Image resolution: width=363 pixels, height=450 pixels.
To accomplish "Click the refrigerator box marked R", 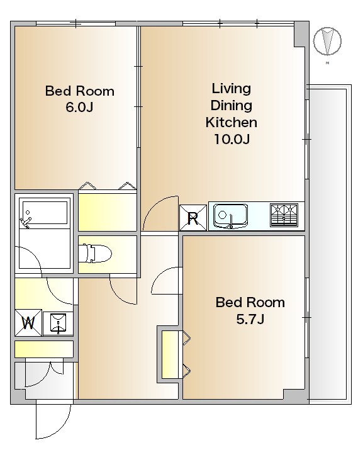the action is coord(193,218).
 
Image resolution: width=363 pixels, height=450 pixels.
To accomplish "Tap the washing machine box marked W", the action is coord(28,323).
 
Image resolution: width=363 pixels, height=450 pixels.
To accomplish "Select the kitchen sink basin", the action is coord(231,216).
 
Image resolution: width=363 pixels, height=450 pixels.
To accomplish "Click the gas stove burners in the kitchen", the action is coord(284,215).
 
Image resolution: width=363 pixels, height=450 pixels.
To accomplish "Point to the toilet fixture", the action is coord(95,254).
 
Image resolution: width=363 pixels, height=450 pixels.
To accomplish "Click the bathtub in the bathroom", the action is coord(45,213).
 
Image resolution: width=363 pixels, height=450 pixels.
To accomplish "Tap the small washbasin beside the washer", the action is coord(58,323).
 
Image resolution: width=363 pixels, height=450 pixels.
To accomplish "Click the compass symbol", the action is coord(327,41).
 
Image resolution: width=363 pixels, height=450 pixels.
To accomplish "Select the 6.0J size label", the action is coord(79,108).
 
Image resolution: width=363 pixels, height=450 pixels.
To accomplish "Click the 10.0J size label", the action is coord(232,139).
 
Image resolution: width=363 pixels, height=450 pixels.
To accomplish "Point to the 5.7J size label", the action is coord(250,319).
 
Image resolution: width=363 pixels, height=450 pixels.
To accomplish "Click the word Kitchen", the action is coord(232,122).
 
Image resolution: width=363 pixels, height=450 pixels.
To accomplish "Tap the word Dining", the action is coord(232,105).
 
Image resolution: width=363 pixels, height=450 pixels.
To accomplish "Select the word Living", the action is coord(232,88).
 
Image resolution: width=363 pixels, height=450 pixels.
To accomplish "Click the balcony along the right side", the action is coord(330,244).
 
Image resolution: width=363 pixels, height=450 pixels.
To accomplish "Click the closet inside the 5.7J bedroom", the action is coord(170,354).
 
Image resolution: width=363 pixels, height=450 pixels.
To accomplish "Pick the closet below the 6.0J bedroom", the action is coord(108,212).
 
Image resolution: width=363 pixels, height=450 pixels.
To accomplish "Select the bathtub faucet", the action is coord(25,221).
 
